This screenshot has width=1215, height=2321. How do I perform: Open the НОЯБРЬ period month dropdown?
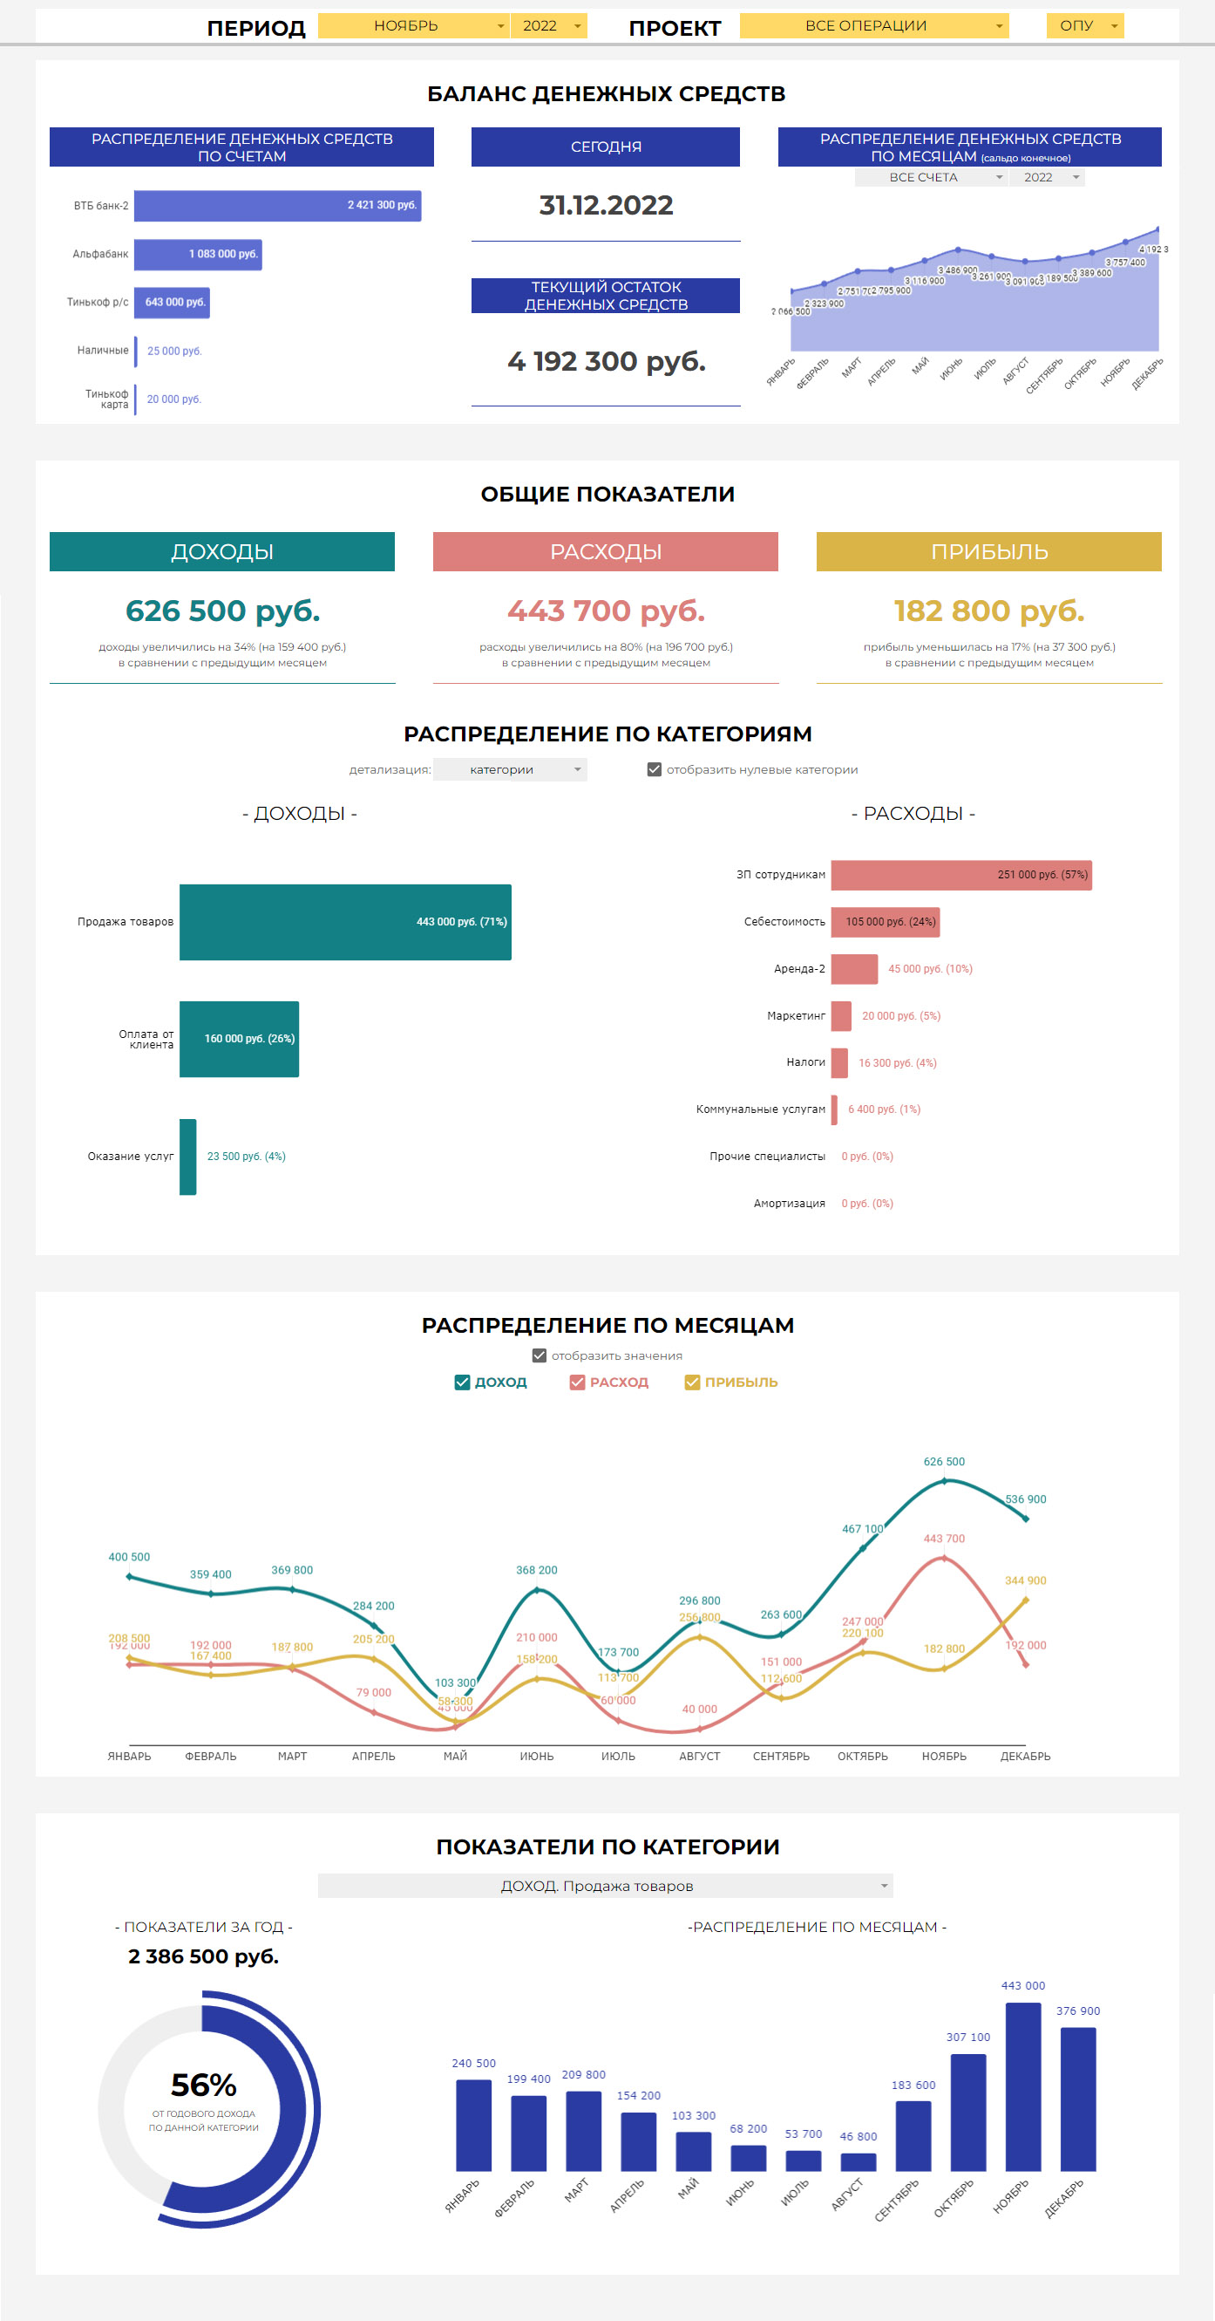click(x=413, y=26)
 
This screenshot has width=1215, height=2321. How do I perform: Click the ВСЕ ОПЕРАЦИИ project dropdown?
click(x=872, y=26)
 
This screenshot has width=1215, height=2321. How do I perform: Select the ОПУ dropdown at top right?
click(x=1084, y=26)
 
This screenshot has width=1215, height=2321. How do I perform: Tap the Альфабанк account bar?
click(x=198, y=254)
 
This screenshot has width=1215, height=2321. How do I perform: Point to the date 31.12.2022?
click(x=606, y=206)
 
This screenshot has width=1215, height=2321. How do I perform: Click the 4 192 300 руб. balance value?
click(x=606, y=361)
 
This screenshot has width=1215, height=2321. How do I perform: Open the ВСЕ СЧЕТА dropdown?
click(x=929, y=178)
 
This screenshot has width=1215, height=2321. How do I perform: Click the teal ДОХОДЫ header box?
click(x=221, y=551)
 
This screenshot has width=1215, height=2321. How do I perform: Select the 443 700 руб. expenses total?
click(x=606, y=611)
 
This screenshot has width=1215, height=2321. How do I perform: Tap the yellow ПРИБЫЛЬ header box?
click(x=989, y=551)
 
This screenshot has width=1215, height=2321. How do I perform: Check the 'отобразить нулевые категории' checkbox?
click(x=655, y=769)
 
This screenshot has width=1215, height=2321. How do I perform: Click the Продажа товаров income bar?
click(x=345, y=922)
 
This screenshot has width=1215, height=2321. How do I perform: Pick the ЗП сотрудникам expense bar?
click(x=961, y=875)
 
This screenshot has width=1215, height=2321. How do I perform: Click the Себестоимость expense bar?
click(x=886, y=922)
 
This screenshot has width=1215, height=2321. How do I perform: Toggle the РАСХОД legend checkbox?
click(x=577, y=1382)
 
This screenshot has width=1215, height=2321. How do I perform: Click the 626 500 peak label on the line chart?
click(x=944, y=1462)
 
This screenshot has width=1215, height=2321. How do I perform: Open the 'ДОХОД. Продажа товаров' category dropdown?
click(x=605, y=1886)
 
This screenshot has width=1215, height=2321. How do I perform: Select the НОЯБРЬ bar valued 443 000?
click(x=1023, y=2086)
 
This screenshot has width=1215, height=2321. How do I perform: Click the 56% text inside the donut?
click(x=204, y=2085)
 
